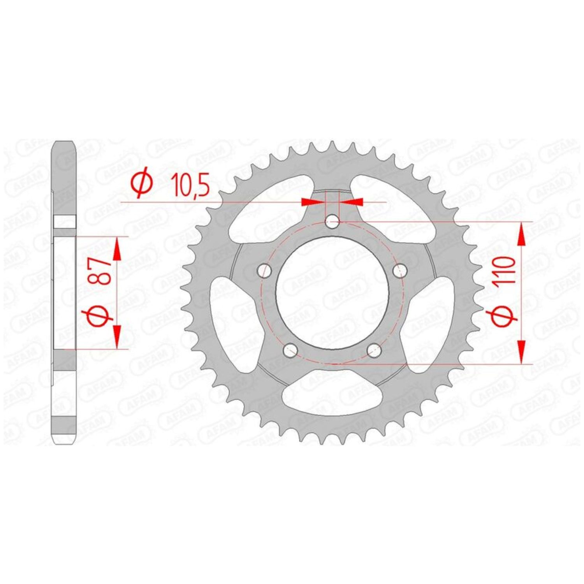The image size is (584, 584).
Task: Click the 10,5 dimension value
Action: click(x=190, y=185)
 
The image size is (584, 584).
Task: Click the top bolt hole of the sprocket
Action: click(x=332, y=222)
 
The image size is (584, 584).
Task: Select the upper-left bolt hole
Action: click(x=265, y=270)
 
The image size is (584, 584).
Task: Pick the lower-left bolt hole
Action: click(x=290, y=350)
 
